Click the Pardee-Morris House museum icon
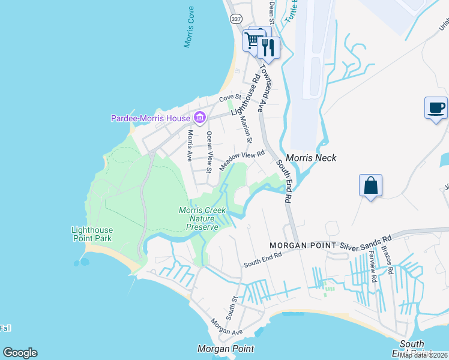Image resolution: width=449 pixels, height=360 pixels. point(199,117)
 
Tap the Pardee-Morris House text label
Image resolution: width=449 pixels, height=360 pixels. point(150,118)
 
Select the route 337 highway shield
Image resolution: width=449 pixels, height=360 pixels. point(235,18)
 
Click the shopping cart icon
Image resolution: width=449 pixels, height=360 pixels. point(253,40)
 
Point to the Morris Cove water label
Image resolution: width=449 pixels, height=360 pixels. point(190,28)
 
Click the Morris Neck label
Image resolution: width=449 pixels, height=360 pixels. point(311,158)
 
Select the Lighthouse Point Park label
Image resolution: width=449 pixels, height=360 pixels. point(92,234)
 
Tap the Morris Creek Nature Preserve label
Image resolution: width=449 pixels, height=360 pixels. point(202,218)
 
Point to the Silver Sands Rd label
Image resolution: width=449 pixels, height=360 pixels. point(366,241)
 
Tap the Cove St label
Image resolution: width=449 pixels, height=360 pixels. point(230,97)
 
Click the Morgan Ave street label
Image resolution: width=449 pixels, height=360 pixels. point(226,327)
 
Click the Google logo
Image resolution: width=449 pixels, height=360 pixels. point(20,353)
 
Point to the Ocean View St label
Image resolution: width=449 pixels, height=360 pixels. point(209,152)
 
